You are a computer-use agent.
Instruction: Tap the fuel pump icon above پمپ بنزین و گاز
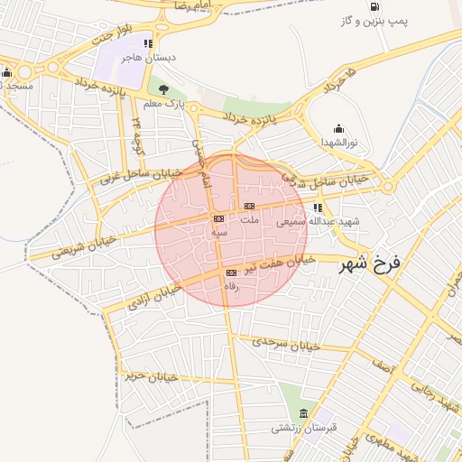click(374, 7)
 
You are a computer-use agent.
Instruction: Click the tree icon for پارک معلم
click(163, 89)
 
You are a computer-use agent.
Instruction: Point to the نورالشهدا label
click(339, 143)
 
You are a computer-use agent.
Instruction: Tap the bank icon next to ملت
click(248, 207)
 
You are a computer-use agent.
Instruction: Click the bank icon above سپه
click(218, 218)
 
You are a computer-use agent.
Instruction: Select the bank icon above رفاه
click(232, 272)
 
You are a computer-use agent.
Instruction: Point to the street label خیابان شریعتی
click(83, 247)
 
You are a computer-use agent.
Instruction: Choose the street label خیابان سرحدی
click(287, 344)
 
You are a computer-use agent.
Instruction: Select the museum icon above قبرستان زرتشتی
click(303, 413)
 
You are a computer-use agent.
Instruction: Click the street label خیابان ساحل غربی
click(140, 174)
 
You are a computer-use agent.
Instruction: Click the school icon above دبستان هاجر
click(149, 42)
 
